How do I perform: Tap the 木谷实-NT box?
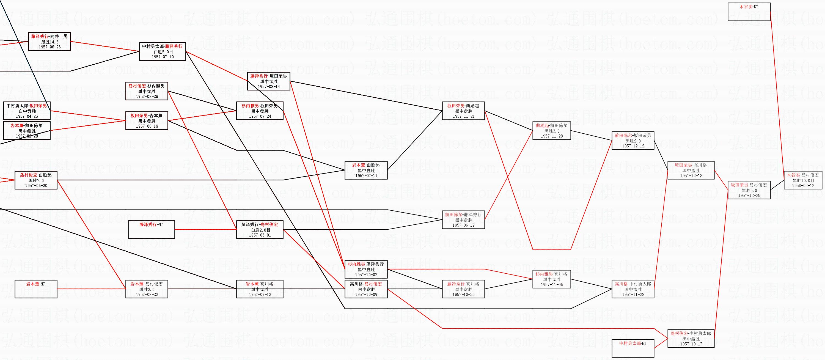[x=749, y=12]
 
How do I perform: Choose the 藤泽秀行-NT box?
[x=151, y=230]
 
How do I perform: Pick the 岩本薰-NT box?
[x=36, y=289]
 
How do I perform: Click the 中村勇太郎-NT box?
[x=632, y=348]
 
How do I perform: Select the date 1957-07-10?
[x=162, y=57]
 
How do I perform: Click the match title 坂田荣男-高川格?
[x=691, y=165]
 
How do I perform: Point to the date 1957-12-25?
[x=749, y=195]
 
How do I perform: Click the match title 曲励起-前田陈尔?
[x=551, y=126]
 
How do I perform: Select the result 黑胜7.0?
[x=36, y=181]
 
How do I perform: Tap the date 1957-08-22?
[x=147, y=294]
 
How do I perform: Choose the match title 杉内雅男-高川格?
[x=551, y=274]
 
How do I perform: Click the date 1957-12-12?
[x=632, y=146]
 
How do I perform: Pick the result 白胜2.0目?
[x=259, y=230]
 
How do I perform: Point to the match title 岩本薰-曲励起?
[x=366, y=165]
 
